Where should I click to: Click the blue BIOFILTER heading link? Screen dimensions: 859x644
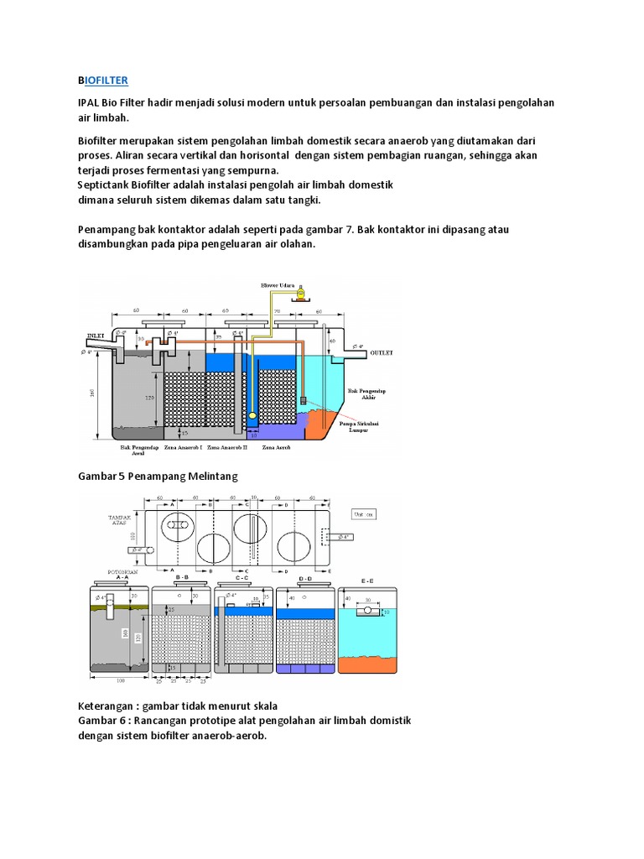tap(102, 80)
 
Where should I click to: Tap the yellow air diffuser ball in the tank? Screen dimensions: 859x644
tap(252, 415)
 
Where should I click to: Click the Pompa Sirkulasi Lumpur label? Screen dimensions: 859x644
tap(358, 428)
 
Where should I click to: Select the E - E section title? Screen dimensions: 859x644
tap(368, 580)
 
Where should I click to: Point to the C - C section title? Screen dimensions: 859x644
tap(242, 578)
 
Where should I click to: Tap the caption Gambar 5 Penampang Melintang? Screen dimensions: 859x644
tap(158, 476)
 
